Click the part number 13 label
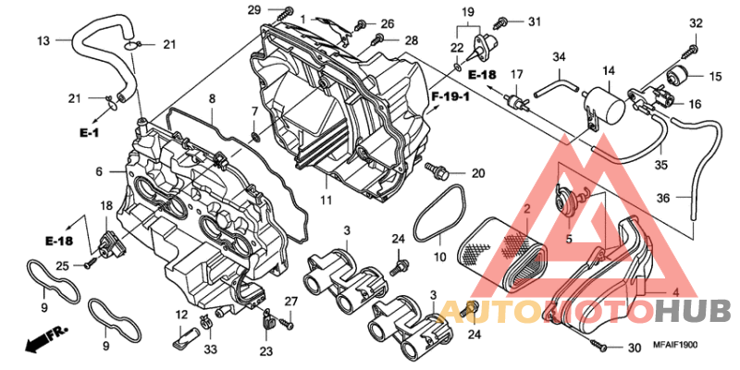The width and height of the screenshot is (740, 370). click(x=43, y=41)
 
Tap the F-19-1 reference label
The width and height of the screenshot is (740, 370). click(x=450, y=98)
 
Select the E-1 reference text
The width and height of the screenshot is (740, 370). click(x=89, y=133)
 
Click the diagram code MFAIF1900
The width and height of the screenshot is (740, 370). click(x=676, y=345)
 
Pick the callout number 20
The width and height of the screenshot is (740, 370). click(x=478, y=174)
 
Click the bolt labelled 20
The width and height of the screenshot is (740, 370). click(x=437, y=170)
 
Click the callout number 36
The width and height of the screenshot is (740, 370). click(x=663, y=199)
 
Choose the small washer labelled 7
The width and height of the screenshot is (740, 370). click(x=255, y=137)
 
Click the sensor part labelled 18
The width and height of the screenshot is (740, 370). click(x=111, y=242)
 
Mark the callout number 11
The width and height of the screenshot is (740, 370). click(x=326, y=200)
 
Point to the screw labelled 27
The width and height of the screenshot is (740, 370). click(x=287, y=324)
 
